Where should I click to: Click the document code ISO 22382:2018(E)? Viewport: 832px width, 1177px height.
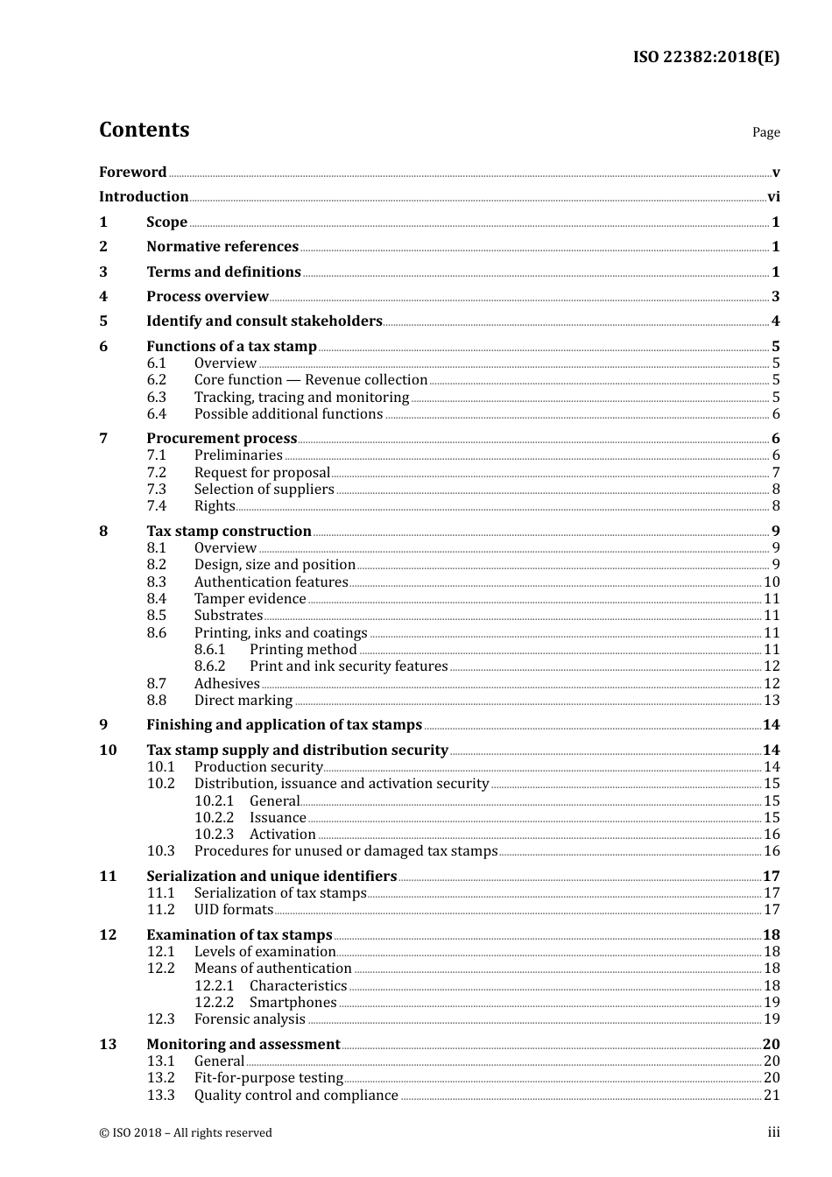[x=706, y=57]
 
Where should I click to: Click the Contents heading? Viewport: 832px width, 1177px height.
[x=144, y=130]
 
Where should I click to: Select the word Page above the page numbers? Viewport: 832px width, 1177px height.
[x=765, y=132]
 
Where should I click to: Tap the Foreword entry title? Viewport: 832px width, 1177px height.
[x=132, y=172]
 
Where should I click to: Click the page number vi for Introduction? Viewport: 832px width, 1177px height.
[x=773, y=197]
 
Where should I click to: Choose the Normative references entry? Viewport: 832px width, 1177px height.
[x=222, y=247]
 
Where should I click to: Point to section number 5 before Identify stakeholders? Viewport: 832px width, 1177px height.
[x=103, y=321]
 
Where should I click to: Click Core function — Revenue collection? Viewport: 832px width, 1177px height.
[x=311, y=380]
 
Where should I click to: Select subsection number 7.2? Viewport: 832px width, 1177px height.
[x=156, y=472]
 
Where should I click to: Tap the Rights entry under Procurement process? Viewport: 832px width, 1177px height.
[x=215, y=506]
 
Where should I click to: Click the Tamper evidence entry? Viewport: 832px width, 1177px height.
[x=250, y=599]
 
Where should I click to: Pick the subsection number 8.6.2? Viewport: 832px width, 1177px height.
[x=209, y=666]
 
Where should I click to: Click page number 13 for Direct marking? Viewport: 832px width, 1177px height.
[x=772, y=701]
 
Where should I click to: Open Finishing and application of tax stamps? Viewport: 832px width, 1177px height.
[x=284, y=725]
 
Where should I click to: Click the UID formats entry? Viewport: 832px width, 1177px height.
[x=233, y=910]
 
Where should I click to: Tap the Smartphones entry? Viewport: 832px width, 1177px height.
[x=293, y=1003]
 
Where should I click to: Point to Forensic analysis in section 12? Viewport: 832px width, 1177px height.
[x=250, y=1019]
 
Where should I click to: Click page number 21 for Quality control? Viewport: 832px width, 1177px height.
[x=772, y=1096]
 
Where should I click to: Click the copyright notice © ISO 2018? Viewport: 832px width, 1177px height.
[x=186, y=1133]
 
